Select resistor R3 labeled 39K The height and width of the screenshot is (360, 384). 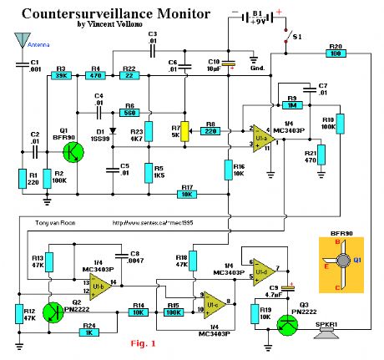tap(61, 75)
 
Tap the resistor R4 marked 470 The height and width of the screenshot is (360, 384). tap(96, 75)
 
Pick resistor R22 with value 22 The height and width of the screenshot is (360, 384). tap(129, 75)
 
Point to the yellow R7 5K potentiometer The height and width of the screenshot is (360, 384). tap(185, 133)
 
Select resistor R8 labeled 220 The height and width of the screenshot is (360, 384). tap(212, 132)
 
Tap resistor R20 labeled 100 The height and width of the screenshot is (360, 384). tap(336, 53)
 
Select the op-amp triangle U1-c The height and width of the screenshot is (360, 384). tap(213, 302)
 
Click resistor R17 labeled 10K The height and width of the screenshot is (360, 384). tap(188, 195)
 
